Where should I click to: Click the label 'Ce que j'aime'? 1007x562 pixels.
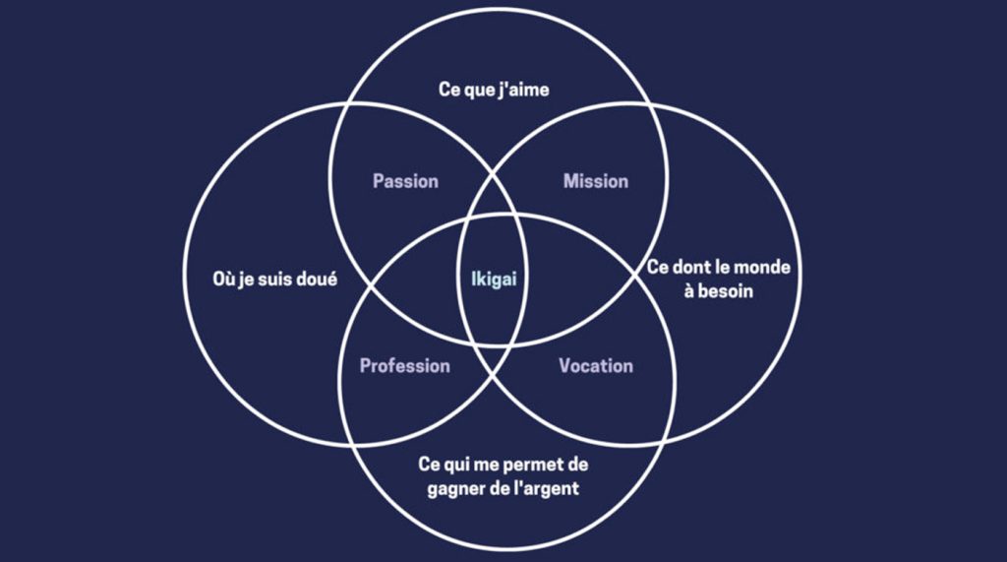(494, 90)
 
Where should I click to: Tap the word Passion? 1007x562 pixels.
(406, 181)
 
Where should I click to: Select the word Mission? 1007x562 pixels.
(596, 181)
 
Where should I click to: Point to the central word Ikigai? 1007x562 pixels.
(494, 280)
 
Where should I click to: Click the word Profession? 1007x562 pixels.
(404, 366)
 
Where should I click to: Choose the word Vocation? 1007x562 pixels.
(596, 366)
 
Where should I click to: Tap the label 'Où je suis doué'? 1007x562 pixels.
(275, 280)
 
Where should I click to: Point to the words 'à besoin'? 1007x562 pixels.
(719, 291)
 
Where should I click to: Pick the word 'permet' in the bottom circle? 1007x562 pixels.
(528, 465)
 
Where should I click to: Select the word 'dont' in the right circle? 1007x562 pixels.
(690, 267)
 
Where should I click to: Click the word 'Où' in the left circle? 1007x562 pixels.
(223, 280)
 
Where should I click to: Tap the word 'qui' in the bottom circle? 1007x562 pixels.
(456, 465)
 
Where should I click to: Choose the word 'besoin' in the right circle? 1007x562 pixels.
(726, 291)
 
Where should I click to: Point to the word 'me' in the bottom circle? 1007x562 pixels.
(486, 466)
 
